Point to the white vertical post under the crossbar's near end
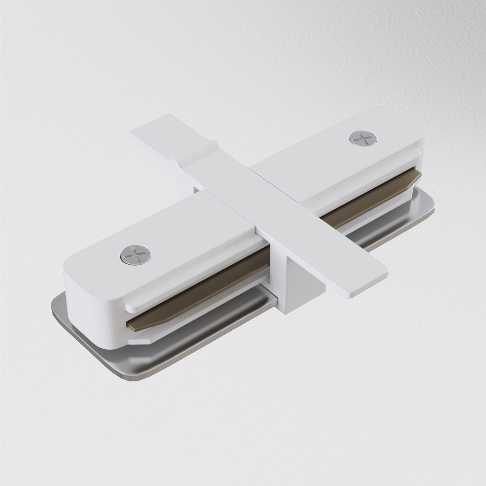(x=284, y=289)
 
